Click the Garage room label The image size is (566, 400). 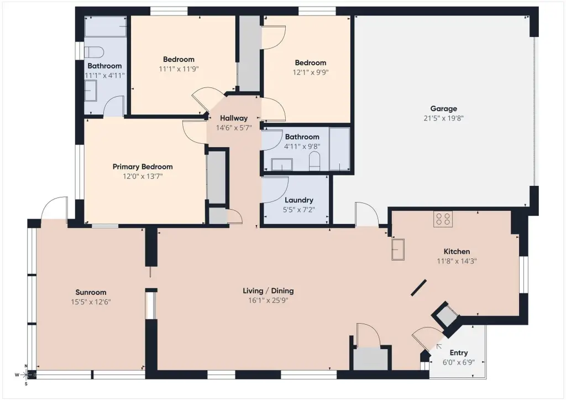tap(443, 108)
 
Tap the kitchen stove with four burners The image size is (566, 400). tap(443, 219)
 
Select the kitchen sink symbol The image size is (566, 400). tap(398, 249)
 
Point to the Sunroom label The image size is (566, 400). tap(91, 292)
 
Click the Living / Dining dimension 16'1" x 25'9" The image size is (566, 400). tap(268, 300)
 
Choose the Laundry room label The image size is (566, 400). tap(299, 200)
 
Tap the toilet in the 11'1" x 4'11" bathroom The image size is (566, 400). tap(94, 52)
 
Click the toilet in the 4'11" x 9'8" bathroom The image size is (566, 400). tap(315, 161)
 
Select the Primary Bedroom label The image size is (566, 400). tap(143, 167)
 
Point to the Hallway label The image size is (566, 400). tap(234, 118)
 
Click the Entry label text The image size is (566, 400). tap(459, 352)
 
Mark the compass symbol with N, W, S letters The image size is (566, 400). tap(26, 375)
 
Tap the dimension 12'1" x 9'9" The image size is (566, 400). tap(311, 72)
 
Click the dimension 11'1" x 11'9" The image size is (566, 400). tap(179, 69)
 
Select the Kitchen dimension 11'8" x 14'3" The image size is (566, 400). tap(457, 261)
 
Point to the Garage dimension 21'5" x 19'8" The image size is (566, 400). tap(443, 118)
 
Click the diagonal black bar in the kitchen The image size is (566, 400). tap(419, 288)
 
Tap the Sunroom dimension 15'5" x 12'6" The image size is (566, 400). tap(91, 302)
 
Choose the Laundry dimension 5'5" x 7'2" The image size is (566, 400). tap(299, 210)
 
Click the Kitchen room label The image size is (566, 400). tap(457, 252)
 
